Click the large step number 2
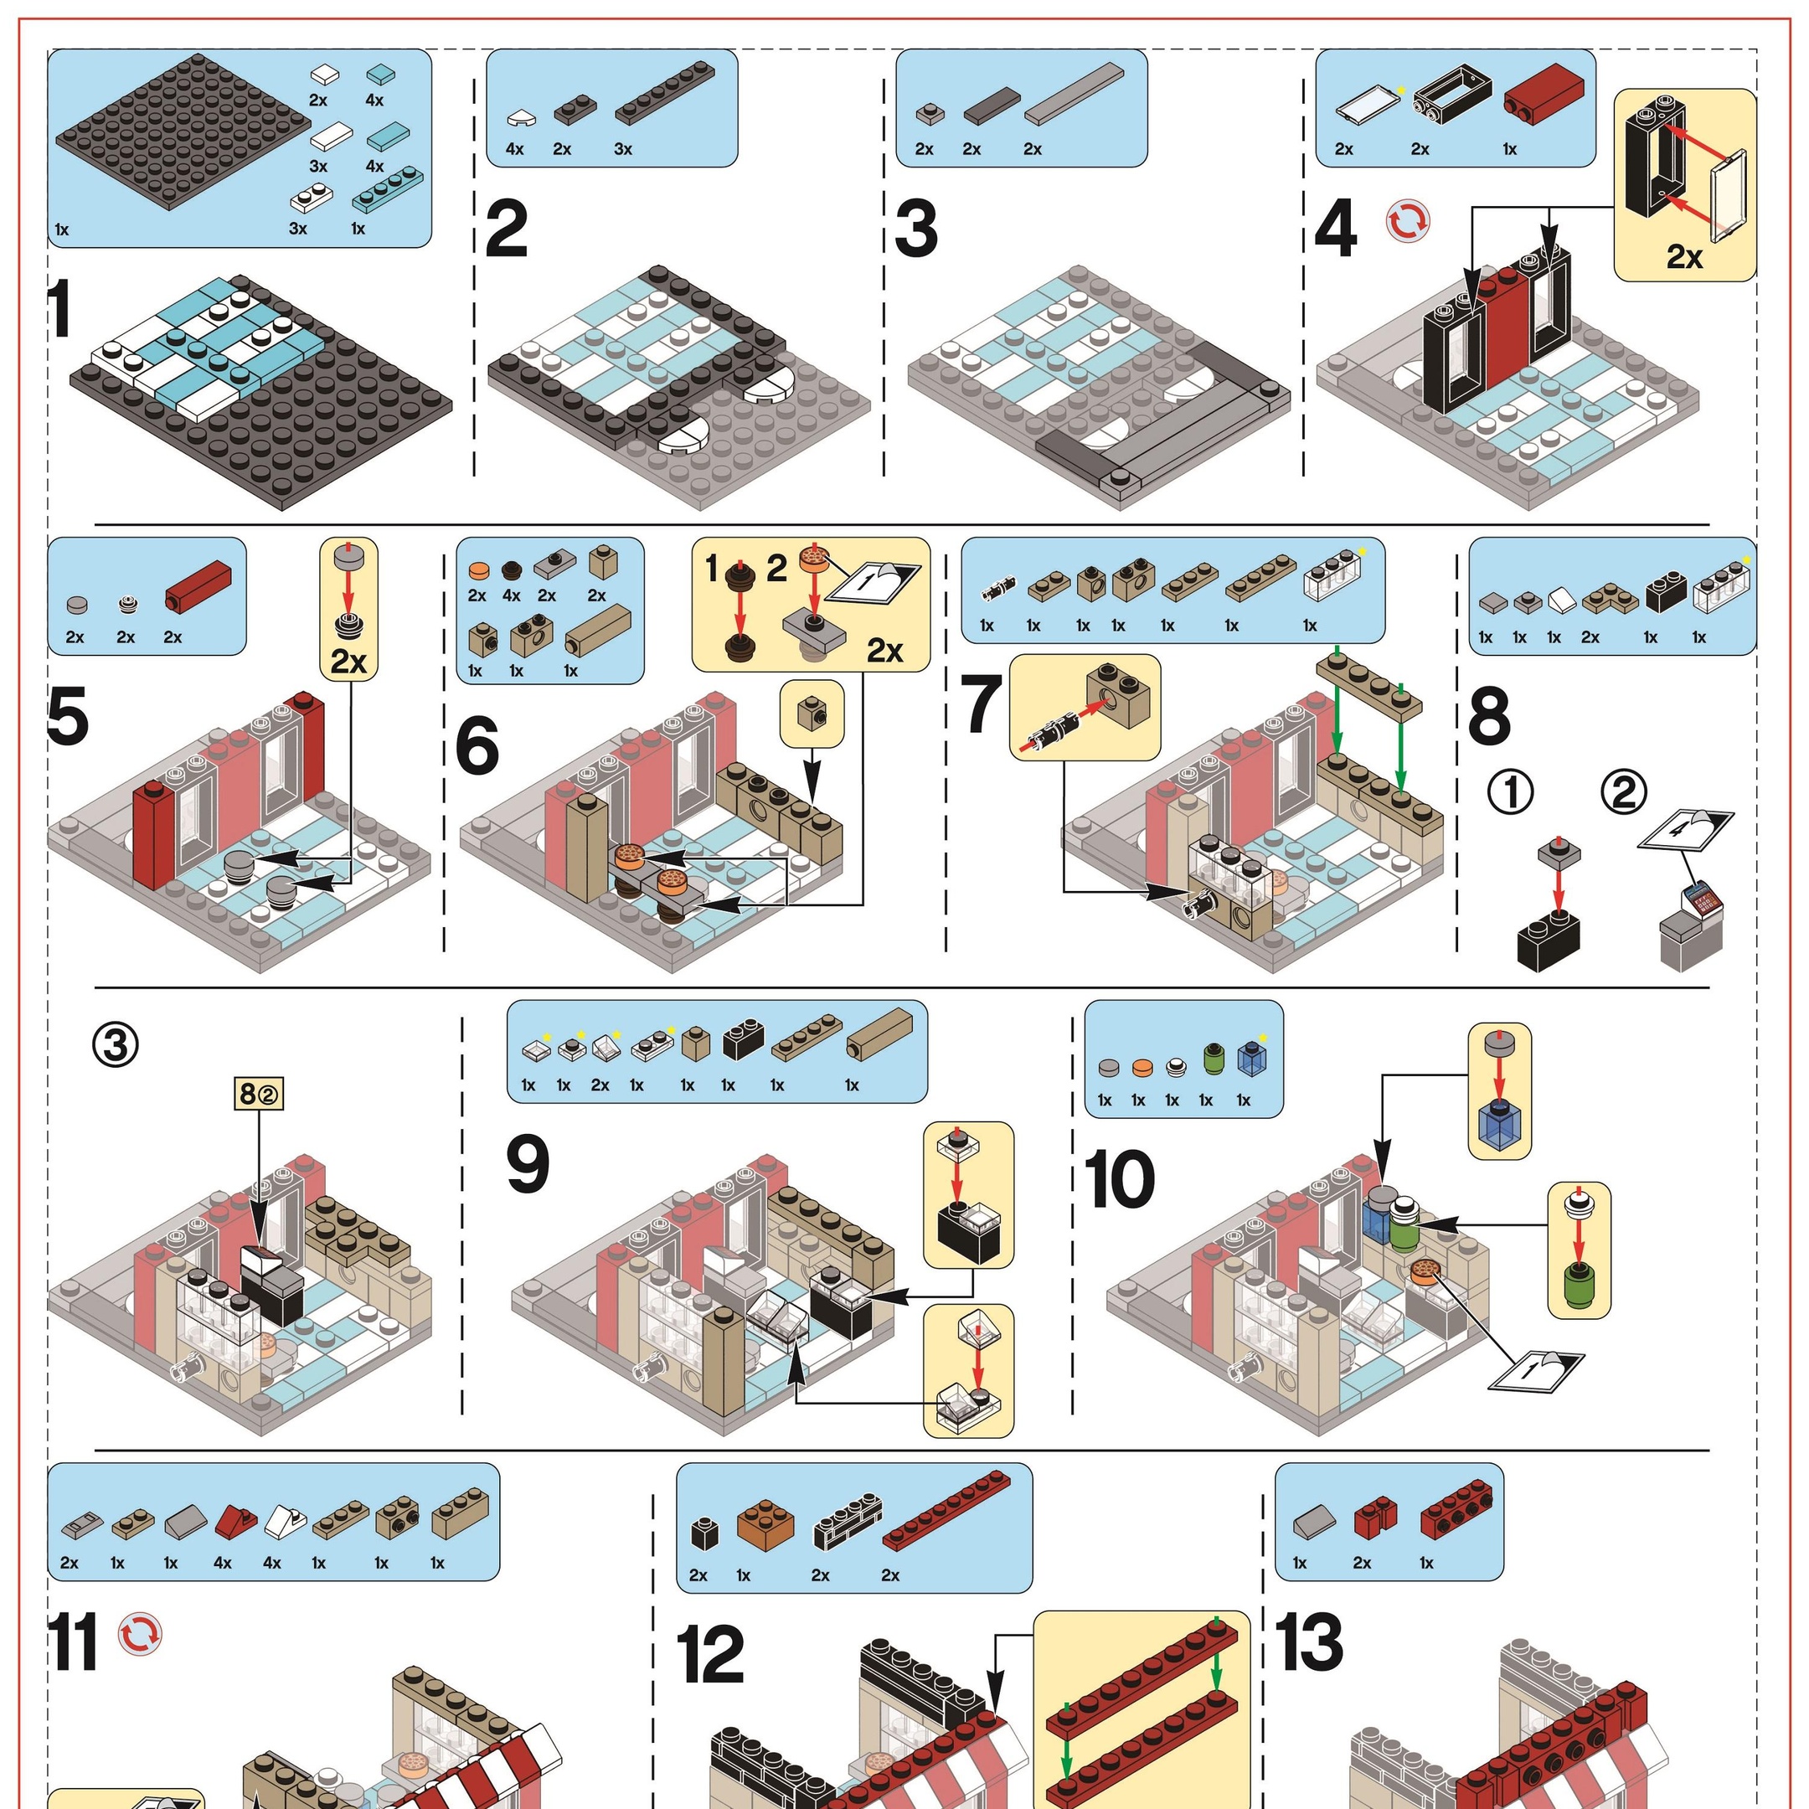508,230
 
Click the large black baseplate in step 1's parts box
183,132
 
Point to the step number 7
982,707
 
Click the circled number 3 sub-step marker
116,1045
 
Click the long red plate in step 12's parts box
946,1508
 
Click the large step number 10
1120,1180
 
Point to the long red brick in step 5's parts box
198,585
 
